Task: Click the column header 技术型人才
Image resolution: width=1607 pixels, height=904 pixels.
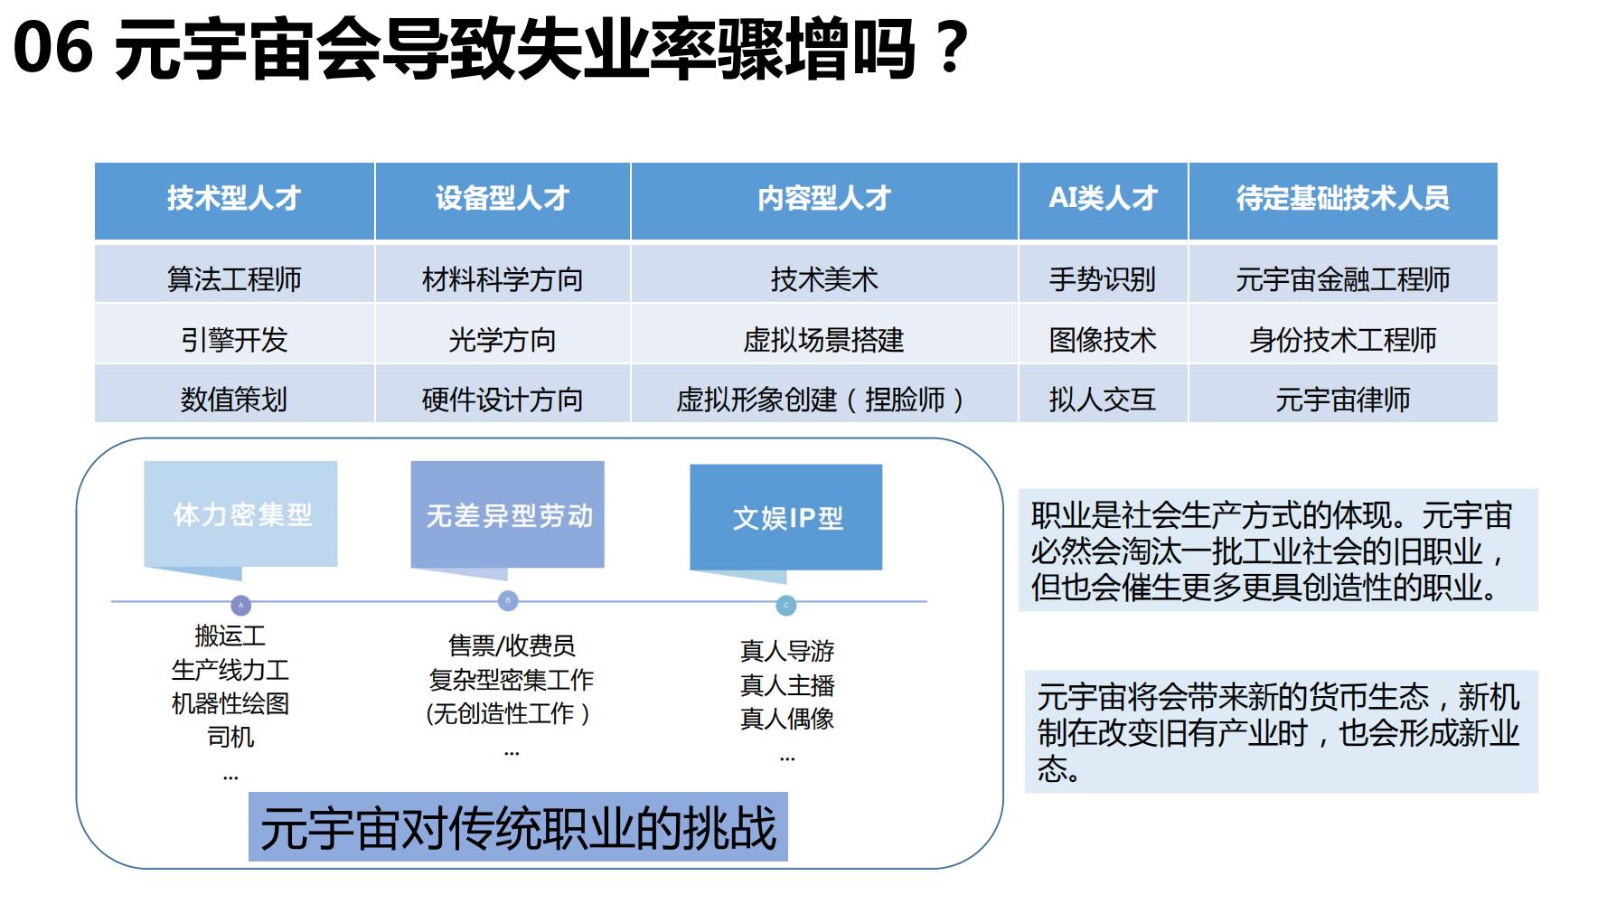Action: click(x=234, y=201)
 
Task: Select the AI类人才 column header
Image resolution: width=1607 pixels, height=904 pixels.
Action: click(x=1103, y=201)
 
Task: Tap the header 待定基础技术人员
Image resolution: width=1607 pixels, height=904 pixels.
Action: click(x=1343, y=201)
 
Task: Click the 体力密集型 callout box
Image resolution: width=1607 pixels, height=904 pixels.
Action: click(x=240, y=515)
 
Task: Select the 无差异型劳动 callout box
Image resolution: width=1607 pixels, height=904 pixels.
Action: click(x=508, y=516)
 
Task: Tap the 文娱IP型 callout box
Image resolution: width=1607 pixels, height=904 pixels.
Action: click(x=786, y=519)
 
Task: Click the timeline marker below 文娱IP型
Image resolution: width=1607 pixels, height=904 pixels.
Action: click(x=786, y=606)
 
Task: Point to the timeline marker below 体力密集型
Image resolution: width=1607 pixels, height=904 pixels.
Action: click(x=240, y=606)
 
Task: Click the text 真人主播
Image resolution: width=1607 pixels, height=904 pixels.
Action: click(x=787, y=685)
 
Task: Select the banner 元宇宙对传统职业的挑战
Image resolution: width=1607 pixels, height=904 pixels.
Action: click(x=518, y=827)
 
